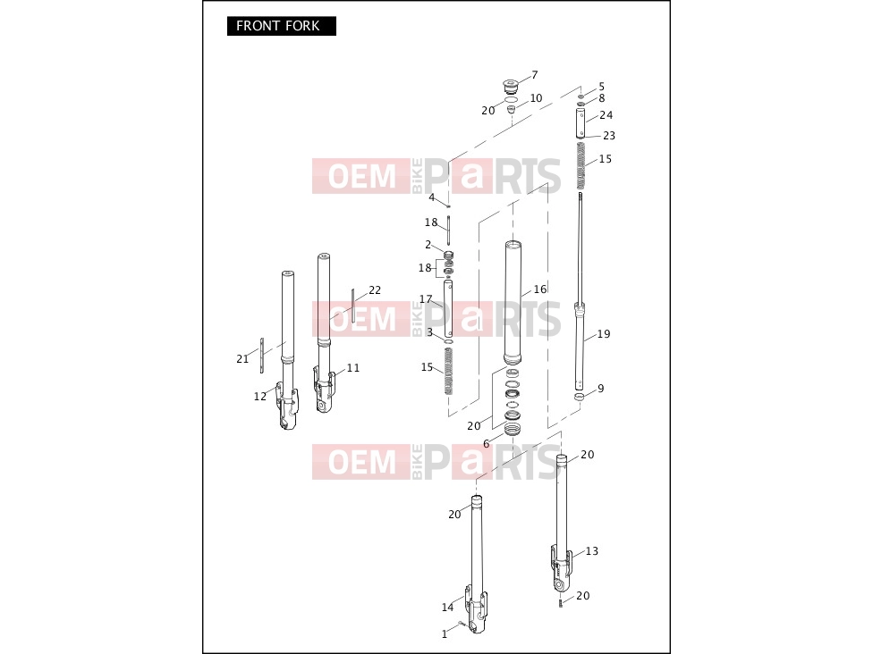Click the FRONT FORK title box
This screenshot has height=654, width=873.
coord(281,26)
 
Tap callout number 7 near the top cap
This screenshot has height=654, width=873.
coord(535,75)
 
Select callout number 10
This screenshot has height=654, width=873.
coord(536,98)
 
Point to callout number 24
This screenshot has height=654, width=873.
coord(606,115)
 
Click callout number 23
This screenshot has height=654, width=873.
coord(609,136)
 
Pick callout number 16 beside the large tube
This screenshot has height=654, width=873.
coord(540,289)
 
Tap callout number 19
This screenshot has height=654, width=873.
coord(604,334)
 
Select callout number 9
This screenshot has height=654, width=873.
coord(601,389)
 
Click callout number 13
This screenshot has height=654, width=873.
coord(592,551)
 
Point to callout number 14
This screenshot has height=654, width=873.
coord(447,608)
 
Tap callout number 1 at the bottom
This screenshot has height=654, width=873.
coord(445,634)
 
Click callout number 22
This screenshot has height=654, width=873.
coord(375,290)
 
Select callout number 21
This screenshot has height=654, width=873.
coord(242,359)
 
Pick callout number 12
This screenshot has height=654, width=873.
coord(260,397)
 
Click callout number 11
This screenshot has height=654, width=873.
coord(353,368)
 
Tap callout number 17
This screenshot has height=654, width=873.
coord(426,299)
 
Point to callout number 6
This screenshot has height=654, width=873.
coord(486,444)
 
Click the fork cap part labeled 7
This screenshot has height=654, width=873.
coord(510,87)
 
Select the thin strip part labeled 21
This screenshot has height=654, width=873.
coord(262,356)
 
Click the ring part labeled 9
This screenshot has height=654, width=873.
coord(580,397)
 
